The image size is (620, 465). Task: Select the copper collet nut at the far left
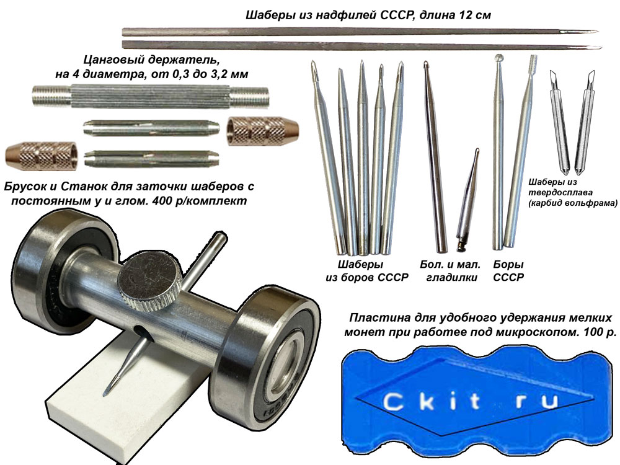(x=41, y=154)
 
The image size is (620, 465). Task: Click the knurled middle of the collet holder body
(x=150, y=97)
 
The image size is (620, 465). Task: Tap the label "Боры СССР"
(x=508, y=271)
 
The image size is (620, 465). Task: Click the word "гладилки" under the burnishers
(x=451, y=278)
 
